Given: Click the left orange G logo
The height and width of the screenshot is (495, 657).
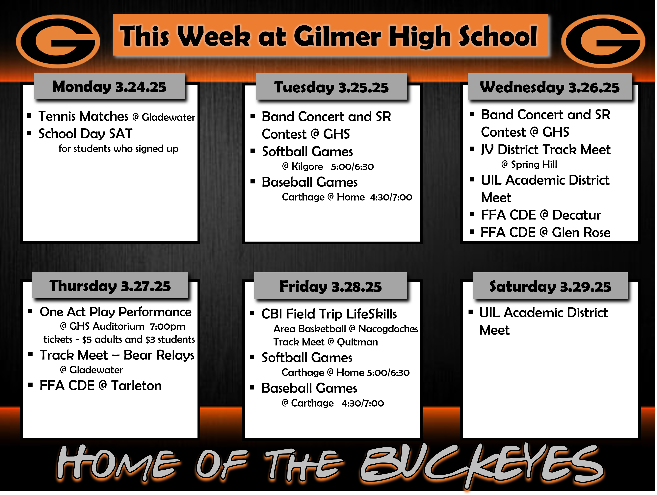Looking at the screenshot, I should [x=58, y=41].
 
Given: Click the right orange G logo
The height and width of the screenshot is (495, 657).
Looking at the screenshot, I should [x=603, y=41].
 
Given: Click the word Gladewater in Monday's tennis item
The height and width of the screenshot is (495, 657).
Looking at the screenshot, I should [x=168, y=117].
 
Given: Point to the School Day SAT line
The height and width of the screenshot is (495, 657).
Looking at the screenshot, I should [x=86, y=133].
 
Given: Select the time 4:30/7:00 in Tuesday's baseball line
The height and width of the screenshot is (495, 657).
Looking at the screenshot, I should [x=391, y=197].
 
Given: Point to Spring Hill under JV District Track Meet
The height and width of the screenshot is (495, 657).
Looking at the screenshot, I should [x=534, y=164].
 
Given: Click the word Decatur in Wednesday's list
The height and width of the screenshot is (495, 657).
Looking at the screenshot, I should [x=576, y=215].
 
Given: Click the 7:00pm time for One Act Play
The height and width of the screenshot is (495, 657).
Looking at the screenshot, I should [x=168, y=326].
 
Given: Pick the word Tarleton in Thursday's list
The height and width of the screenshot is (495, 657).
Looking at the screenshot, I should [x=136, y=386].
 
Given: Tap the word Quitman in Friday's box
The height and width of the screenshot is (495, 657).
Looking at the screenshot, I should [x=357, y=342].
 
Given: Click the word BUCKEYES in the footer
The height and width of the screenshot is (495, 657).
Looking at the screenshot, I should [x=481, y=464].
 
